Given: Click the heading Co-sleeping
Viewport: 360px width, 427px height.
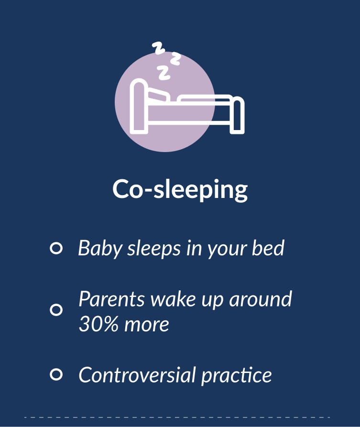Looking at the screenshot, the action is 180,189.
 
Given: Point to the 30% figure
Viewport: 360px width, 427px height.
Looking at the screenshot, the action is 99,324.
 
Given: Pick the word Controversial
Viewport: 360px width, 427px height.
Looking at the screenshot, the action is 137,375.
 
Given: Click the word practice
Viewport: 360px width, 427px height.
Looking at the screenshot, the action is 236,376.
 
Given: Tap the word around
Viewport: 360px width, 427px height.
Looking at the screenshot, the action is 261,299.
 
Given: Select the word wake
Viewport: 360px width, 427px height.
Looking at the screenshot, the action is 173,299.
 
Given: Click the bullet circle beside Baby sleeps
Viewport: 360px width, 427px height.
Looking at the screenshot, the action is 56,248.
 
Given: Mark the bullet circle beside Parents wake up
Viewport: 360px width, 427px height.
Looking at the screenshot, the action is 56,310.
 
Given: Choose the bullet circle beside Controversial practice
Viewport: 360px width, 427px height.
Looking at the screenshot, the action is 56,374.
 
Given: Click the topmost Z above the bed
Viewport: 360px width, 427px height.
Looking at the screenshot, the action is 159,48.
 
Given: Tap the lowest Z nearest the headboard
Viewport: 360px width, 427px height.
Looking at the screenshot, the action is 164,72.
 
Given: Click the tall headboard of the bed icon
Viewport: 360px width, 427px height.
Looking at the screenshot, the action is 139,106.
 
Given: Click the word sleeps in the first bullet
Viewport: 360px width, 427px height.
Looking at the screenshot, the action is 154,248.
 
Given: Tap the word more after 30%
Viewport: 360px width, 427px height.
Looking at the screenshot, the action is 146,325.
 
